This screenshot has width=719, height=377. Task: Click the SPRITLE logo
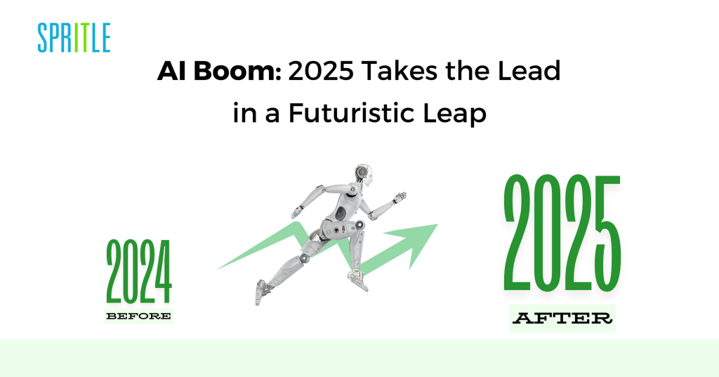74,38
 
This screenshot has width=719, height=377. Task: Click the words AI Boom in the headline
219,71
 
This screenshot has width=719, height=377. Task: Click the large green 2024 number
139,271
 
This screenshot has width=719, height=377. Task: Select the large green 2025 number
562,233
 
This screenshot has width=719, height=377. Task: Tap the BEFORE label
138,316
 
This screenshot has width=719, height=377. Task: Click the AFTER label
562,318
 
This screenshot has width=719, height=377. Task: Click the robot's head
363,174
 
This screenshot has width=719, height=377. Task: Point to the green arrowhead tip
437,224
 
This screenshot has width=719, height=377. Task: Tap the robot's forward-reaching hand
400,197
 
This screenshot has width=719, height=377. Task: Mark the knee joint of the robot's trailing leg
304,258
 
